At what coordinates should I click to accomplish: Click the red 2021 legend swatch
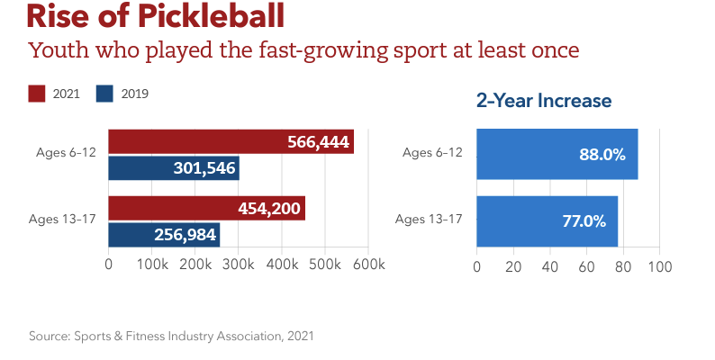(37, 93)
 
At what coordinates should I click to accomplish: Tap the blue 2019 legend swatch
(104, 93)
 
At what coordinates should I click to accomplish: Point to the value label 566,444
(318, 142)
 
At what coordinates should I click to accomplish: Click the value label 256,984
(184, 235)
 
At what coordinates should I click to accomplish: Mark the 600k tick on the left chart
(369, 265)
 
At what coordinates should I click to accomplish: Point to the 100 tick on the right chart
(660, 267)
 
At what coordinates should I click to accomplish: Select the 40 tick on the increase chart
(550, 267)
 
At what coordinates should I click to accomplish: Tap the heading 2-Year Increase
(543, 101)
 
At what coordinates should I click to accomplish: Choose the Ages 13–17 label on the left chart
(66, 219)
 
